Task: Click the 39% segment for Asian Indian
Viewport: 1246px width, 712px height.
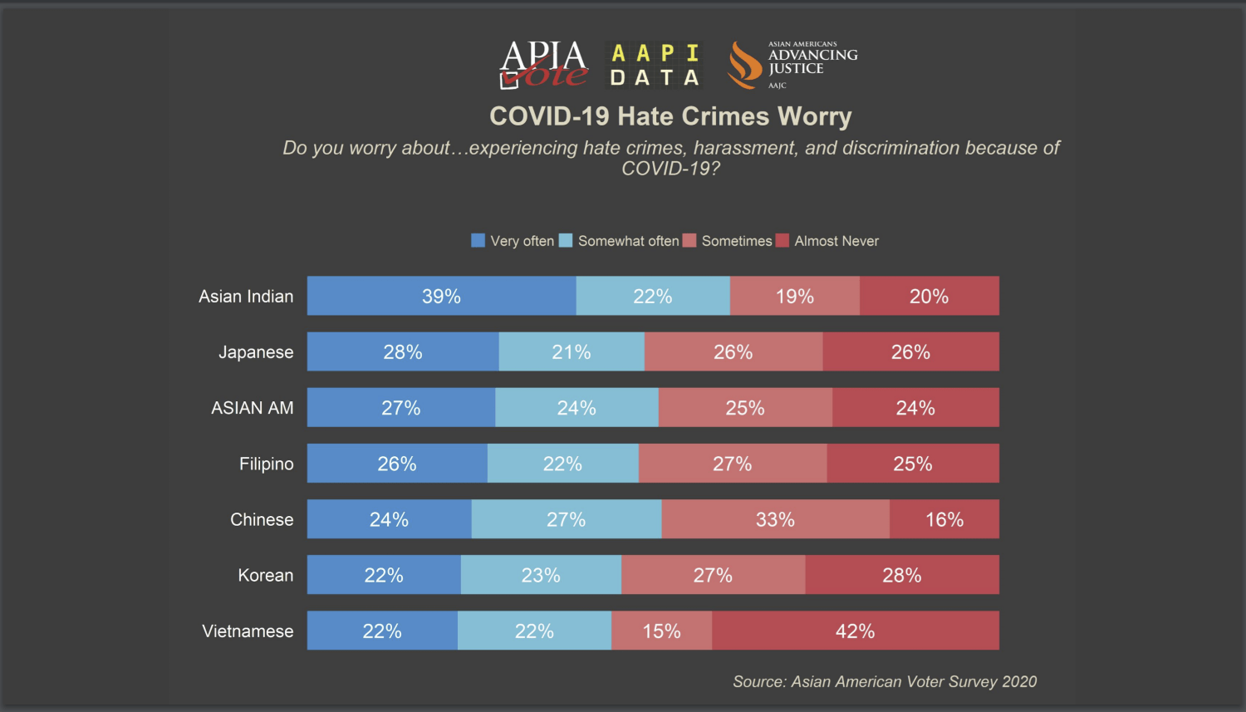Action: click(441, 296)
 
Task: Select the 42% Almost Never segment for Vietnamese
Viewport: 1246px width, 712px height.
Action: click(855, 631)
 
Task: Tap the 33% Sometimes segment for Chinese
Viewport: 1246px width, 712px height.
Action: click(775, 519)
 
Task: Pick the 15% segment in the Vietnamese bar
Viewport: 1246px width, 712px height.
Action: click(661, 631)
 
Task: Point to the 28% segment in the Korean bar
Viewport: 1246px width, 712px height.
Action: click(901, 575)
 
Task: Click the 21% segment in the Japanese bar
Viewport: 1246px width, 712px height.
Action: click(571, 351)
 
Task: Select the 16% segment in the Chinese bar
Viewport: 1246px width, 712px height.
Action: click(944, 519)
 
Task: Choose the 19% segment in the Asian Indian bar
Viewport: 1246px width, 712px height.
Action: click(795, 296)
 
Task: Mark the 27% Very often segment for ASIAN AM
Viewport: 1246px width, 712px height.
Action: click(401, 407)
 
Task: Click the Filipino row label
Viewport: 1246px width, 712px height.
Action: click(266, 464)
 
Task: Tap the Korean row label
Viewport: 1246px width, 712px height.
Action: click(265, 575)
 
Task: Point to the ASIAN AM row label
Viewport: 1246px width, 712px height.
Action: click(252, 408)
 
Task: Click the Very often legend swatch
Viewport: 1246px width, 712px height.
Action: click(478, 240)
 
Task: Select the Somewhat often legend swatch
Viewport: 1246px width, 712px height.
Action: click(566, 240)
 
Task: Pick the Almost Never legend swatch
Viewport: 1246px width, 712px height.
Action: click(782, 240)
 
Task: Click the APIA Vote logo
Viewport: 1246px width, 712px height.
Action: click(543, 65)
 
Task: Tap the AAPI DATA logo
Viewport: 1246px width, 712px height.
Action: click(655, 65)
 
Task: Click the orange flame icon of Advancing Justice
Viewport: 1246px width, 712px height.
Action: click(744, 65)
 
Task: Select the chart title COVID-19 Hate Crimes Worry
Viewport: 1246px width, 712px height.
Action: click(670, 116)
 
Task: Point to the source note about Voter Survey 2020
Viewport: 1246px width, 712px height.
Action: click(885, 681)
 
